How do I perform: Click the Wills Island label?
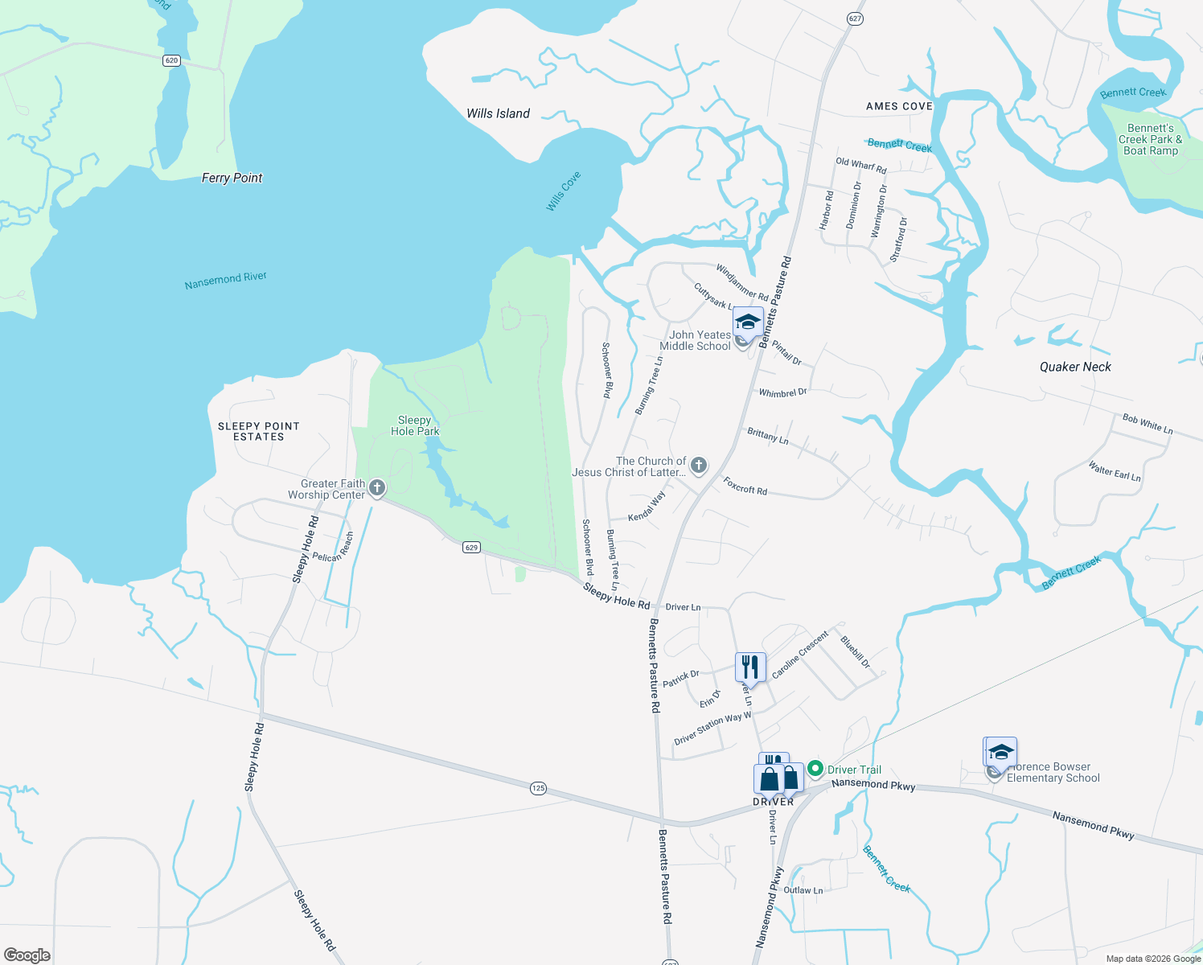[498, 113]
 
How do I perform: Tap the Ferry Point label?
[232, 178]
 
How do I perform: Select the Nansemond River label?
[225, 280]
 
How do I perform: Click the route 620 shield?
[171, 60]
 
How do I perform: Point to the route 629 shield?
[472, 547]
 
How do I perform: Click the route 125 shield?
[538, 788]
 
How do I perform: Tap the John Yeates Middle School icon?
[748, 322]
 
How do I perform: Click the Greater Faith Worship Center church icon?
[377, 487]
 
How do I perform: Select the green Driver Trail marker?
[815, 770]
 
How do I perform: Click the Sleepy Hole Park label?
[415, 425]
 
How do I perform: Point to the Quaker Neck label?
[1075, 367]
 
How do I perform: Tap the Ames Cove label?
[899, 106]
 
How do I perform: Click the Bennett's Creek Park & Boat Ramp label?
[1150, 139]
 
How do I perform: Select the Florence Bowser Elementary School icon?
[1001, 753]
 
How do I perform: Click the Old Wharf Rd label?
[860, 166]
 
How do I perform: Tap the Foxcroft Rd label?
[745, 486]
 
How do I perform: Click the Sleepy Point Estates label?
[259, 431]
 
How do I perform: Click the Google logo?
[27, 955]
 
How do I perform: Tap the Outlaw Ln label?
[803, 890]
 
